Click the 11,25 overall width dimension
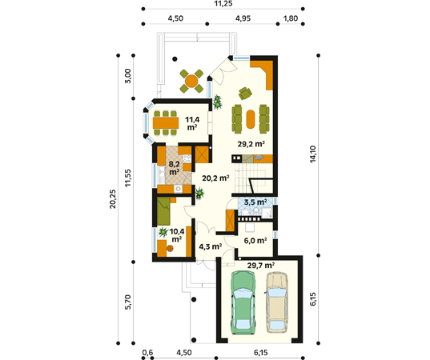click(x=223, y=3)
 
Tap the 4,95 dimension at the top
click(x=243, y=18)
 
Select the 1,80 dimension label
click(x=291, y=18)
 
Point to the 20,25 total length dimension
click(x=113, y=199)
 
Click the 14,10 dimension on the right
click(x=313, y=154)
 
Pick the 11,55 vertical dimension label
click(x=128, y=178)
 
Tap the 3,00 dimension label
click(x=128, y=76)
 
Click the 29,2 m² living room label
click(x=251, y=144)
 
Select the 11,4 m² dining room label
click(x=192, y=123)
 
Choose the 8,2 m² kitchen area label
click(x=175, y=168)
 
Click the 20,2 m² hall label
click(x=215, y=178)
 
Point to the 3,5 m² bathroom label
click(x=255, y=202)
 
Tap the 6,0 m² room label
click(x=255, y=241)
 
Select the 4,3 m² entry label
click(x=211, y=247)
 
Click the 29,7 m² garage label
click(x=261, y=266)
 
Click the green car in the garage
click(x=243, y=302)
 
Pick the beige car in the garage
click(x=277, y=302)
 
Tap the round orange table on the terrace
click(x=191, y=81)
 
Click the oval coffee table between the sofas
click(x=251, y=119)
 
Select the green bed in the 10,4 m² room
click(x=163, y=211)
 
